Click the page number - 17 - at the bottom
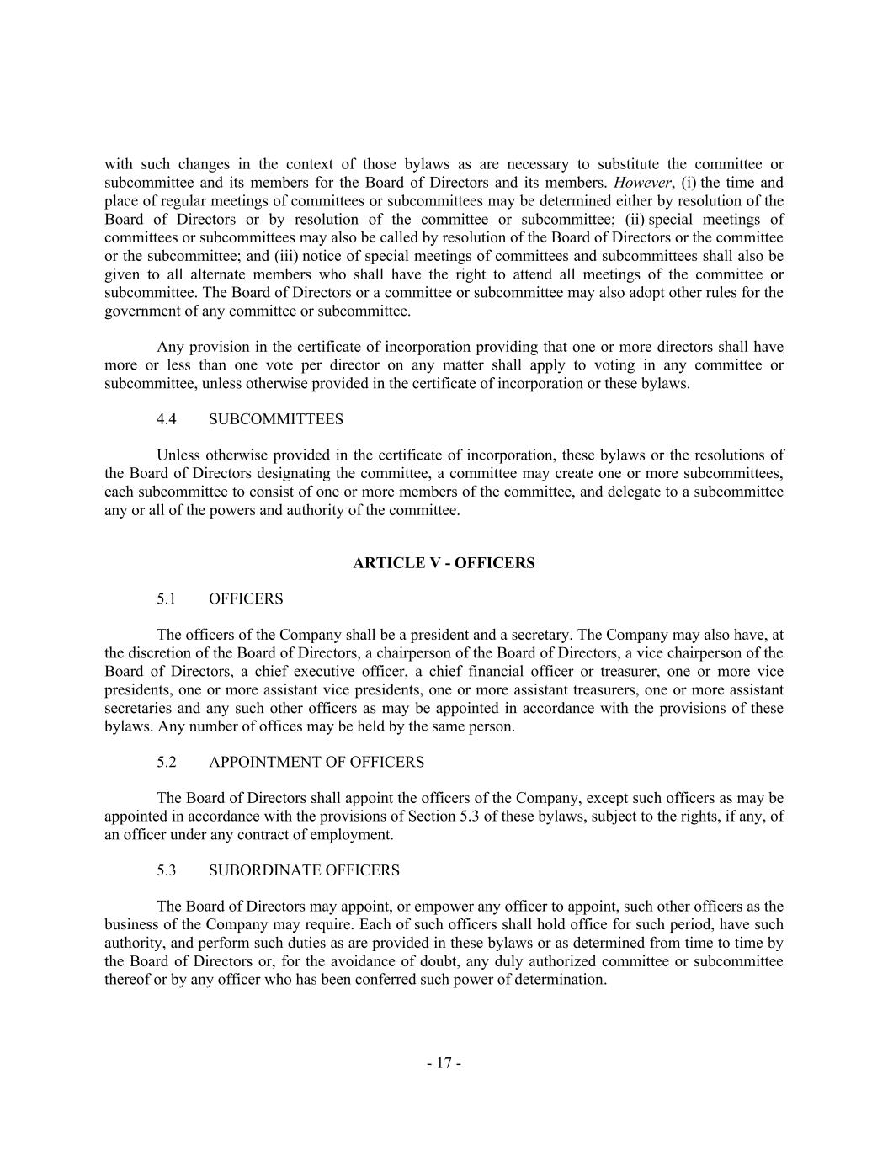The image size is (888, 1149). click(444, 1063)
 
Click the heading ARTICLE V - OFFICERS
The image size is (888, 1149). click(444, 563)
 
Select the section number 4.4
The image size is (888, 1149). click(166, 419)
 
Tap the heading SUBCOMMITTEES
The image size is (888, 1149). click(275, 419)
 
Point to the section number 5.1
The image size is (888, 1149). click(166, 599)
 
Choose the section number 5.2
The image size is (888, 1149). click(166, 763)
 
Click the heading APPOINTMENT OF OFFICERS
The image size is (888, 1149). click(316, 763)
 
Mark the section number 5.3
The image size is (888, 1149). click(166, 870)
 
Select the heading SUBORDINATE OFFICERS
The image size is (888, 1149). click(304, 870)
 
